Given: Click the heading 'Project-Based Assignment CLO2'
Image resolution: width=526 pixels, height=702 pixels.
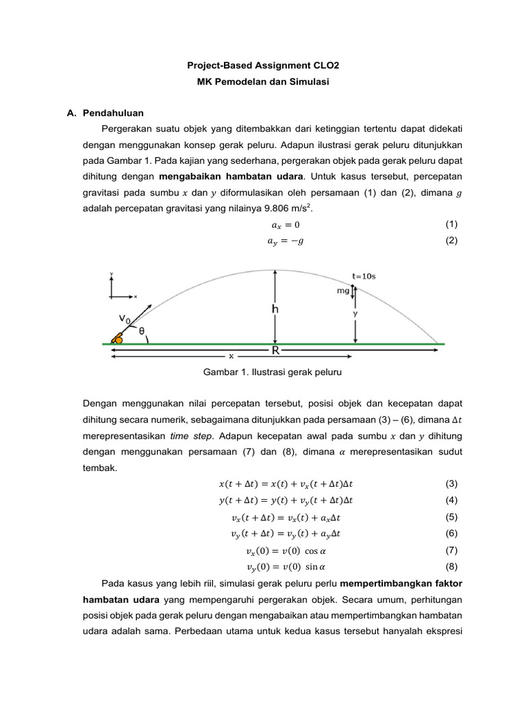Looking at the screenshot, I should pos(263,65).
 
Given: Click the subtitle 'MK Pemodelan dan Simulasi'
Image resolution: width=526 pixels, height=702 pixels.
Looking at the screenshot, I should pos(263,82).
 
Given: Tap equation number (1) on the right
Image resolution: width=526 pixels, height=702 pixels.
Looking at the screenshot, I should pos(451,224).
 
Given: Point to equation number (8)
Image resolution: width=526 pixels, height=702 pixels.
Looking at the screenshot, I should pos(451,566).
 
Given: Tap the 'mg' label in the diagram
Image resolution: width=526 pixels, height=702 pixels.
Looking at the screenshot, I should pos(343,291).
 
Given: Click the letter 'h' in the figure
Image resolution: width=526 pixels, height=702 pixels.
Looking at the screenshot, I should pos(275,309).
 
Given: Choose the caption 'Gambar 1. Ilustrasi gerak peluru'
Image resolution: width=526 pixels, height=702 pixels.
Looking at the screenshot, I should pos(263,372).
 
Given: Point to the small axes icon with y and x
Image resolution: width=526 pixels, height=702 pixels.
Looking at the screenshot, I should pos(121,288).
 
